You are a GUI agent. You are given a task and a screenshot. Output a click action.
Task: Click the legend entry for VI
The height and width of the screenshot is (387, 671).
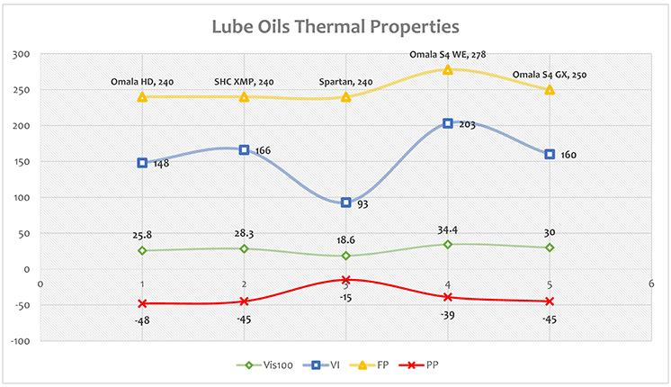pos(325,365)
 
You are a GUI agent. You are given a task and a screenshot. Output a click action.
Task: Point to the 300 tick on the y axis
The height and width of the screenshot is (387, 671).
pos(20,54)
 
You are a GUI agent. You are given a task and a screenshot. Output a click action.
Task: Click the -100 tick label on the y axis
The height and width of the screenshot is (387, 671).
pos(18,341)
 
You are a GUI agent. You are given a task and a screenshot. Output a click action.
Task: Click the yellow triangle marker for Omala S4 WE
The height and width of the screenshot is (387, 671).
pos(447,68)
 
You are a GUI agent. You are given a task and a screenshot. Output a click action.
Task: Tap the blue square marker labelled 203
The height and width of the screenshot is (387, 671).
pos(447,123)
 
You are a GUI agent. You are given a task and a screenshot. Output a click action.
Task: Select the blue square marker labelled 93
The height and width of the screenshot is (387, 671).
pos(345,202)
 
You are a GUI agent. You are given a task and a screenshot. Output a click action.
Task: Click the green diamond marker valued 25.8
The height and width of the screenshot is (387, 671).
pos(142,250)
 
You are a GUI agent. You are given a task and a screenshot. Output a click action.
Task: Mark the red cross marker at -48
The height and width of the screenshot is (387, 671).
pos(142,303)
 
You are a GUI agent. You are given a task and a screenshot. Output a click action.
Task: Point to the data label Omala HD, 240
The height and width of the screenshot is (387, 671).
pos(142,82)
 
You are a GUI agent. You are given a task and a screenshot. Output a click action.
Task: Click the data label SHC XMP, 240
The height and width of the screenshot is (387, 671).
pos(244,82)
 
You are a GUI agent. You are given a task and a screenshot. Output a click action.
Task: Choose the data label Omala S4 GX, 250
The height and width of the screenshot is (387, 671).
pos(549,75)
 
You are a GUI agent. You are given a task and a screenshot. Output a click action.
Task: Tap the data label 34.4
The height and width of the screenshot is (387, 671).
pos(447,229)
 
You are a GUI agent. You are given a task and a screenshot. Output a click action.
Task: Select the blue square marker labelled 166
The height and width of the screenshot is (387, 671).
pos(244,149)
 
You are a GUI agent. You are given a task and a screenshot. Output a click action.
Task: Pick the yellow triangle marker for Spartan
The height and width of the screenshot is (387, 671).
pos(345,95)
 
